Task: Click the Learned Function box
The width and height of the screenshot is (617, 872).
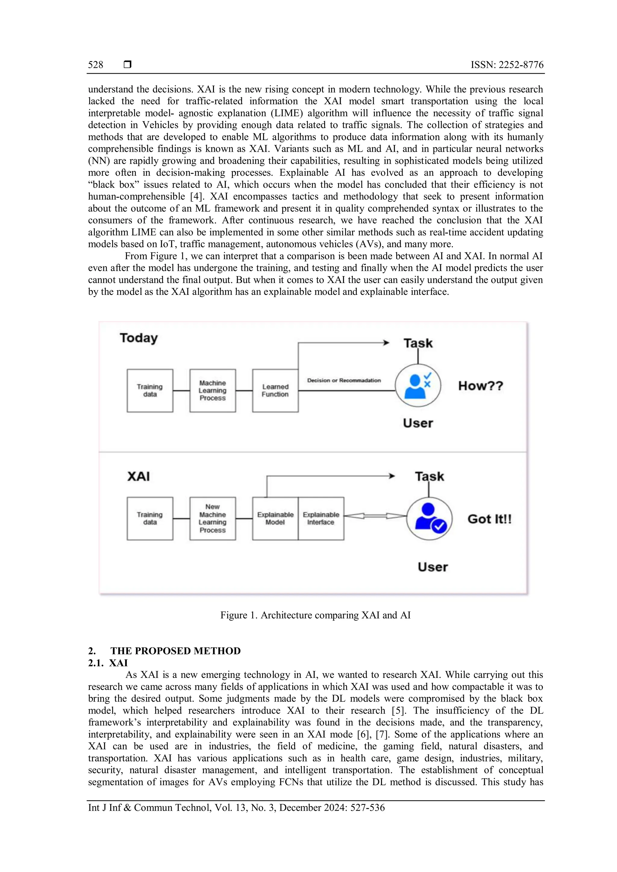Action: point(275,391)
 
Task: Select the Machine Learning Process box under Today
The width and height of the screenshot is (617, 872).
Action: point(212,391)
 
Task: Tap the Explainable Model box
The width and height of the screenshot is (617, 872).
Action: point(275,519)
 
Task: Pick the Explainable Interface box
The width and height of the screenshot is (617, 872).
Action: point(321,519)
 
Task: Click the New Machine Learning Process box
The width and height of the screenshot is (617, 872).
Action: point(212,519)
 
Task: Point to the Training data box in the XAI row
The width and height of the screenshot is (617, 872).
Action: point(150,519)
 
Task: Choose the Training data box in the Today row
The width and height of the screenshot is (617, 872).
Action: point(150,391)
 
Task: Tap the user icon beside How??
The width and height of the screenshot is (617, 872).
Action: point(418,385)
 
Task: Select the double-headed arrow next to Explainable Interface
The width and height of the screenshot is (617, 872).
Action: point(375,516)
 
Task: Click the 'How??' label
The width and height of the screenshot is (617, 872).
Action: point(481,386)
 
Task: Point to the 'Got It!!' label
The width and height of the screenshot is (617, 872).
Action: point(489,519)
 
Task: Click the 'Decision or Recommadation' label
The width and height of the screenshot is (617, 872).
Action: point(344,380)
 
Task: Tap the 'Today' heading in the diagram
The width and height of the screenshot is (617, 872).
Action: point(139,338)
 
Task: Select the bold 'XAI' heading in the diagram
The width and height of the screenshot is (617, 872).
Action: point(138,476)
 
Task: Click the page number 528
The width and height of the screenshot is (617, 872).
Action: point(96,65)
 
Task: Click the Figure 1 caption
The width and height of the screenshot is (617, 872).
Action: point(315,615)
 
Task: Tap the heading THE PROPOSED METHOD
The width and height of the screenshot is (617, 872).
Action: point(176,651)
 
